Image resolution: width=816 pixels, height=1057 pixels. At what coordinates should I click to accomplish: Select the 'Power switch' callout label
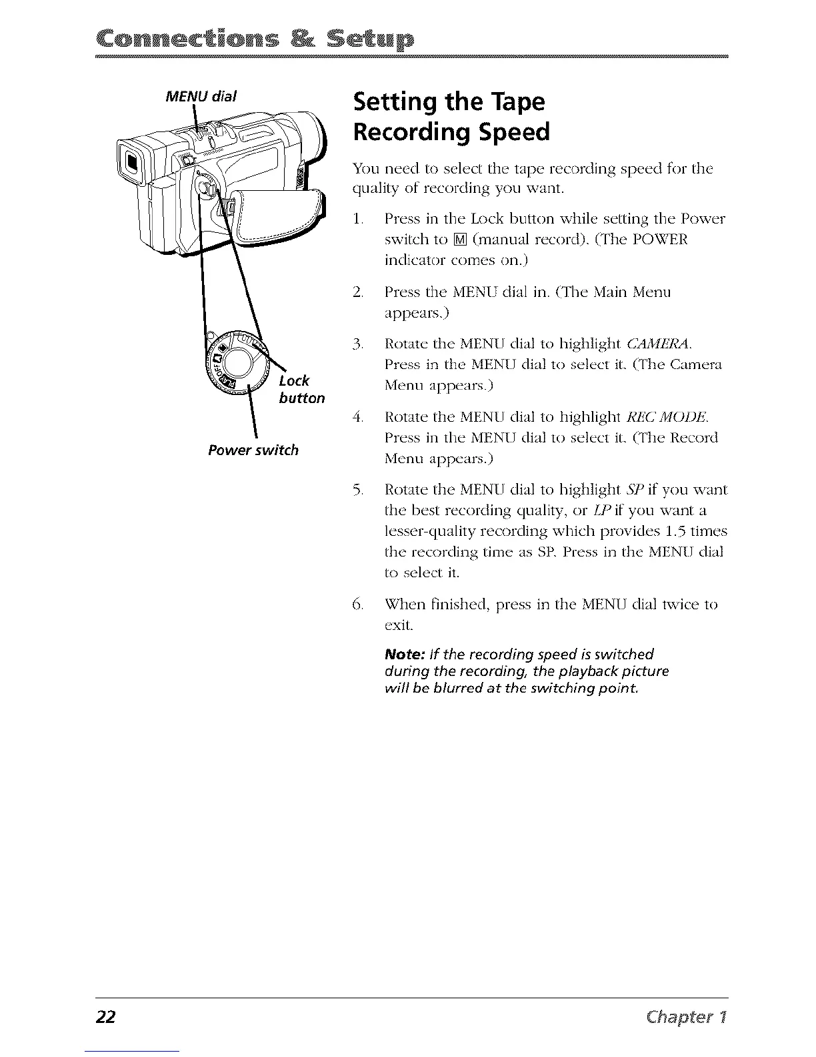[x=253, y=450]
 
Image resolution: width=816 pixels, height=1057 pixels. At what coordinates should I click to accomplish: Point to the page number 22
[x=105, y=1018]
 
